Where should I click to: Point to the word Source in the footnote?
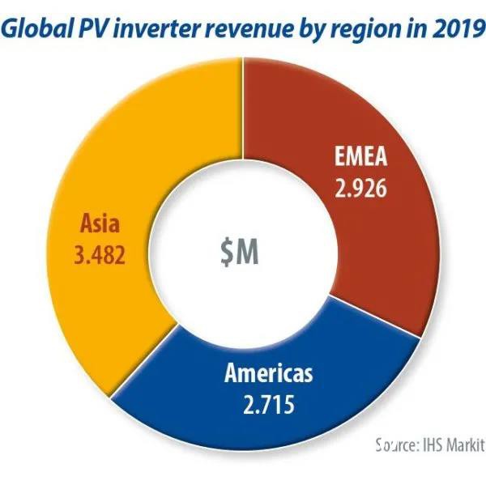point(394,444)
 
